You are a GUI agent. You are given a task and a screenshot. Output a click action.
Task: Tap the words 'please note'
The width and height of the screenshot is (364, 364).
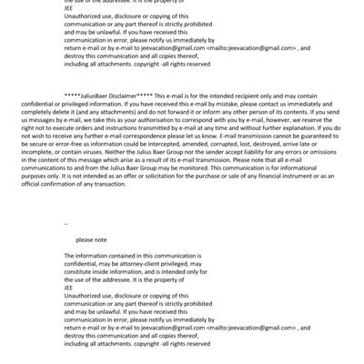tap(91, 238)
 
